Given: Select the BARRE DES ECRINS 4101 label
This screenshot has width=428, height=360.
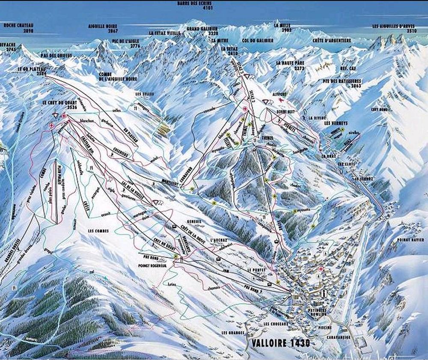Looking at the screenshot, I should [x=196, y=5].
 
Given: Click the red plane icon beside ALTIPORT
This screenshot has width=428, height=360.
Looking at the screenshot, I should [x=281, y=100].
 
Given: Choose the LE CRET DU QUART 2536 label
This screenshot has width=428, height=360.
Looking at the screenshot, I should [x=60, y=105].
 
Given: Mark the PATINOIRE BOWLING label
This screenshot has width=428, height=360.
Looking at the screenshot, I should [x=316, y=312].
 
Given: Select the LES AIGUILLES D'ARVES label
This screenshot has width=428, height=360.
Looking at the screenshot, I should [x=394, y=28].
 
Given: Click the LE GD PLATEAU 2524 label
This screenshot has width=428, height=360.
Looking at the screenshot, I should [x=32, y=71].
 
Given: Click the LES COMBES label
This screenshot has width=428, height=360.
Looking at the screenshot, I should [x=98, y=231].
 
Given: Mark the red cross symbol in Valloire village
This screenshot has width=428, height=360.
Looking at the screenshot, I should [x=321, y=269].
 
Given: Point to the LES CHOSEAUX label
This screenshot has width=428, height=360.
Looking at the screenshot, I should [x=276, y=324].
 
